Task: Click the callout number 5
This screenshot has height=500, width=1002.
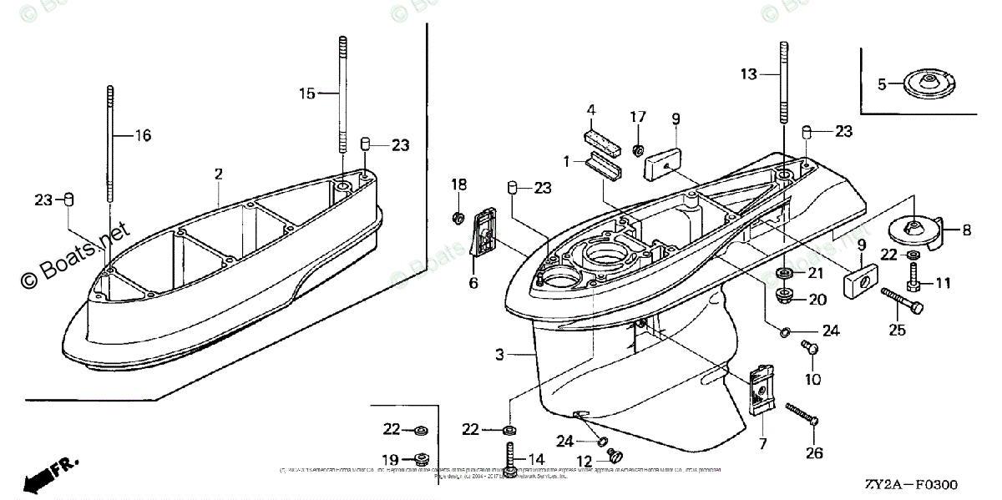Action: pos(882,83)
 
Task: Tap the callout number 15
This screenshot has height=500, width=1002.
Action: pos(307,93)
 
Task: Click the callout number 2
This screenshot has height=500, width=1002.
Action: pos(218,174)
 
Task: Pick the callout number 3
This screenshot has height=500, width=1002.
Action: pos(498,355)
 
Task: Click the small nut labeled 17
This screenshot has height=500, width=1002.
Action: pos(637,150)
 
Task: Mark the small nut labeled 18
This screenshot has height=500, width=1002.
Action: pos(459,219)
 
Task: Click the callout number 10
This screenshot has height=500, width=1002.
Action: pos(812,380)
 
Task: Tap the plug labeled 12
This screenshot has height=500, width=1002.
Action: pos(618,456)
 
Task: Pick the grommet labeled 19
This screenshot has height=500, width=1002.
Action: pos(419,458)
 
